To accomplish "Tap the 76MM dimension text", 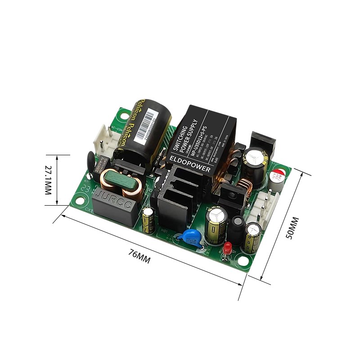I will [x=139, y=257].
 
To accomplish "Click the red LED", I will [x=228, y=247].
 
